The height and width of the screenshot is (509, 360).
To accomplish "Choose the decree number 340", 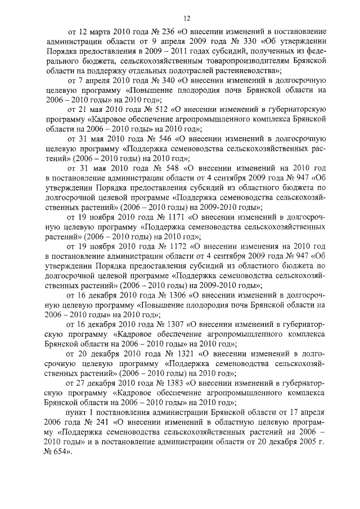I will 161,79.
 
